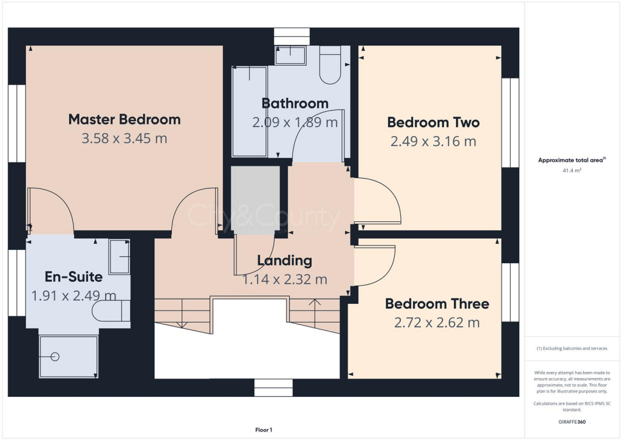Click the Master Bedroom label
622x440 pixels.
(x=124, y=119)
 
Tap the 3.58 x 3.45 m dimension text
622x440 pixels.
(x=124, y=139)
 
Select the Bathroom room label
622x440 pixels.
(x=295, y=103)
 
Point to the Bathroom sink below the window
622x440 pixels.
(x=290, y=56)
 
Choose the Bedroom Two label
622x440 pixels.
(x=433, y=122)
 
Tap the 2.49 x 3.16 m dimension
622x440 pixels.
(x=433, y=142)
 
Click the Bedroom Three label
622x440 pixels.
(x=437, y=303)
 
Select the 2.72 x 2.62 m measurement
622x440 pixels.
(x=437, y=323)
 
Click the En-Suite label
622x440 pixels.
(x=73, y=277)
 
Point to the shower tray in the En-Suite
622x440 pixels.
(x=68, y=356)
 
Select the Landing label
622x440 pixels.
(x=284, y=261)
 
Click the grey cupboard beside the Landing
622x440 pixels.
(x=255, y=198)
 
